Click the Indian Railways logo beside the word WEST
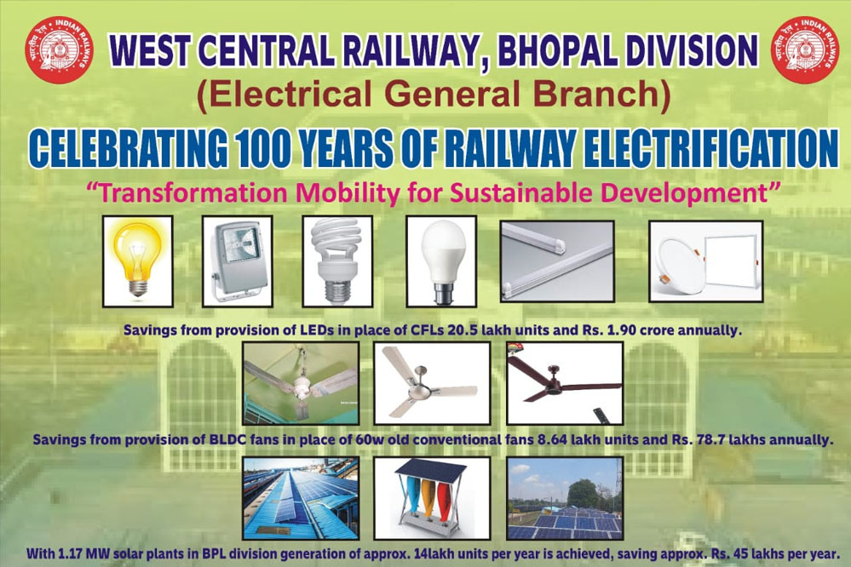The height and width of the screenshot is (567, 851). coord(59,50)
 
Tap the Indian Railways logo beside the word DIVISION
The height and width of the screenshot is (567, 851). coord(805,50)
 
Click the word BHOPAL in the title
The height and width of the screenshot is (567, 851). coord(555,51)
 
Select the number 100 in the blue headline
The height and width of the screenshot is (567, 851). coord(263,148)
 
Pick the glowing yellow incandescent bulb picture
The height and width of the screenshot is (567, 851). coord(138,261)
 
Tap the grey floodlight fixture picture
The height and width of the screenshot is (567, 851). coord(238,261)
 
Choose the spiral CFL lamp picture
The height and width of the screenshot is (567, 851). coord(337,261)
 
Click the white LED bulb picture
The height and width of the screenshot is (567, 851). coord(441,261)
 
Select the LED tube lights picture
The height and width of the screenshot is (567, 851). coord(557,261)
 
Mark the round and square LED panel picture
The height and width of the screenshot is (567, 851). coord(706,261)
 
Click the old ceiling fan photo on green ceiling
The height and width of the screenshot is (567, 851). coord(301,383)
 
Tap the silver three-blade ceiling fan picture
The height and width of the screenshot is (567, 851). coord(432,383)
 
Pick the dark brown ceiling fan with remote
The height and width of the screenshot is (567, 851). coord(565,383)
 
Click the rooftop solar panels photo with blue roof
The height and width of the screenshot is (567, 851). coord(301,498)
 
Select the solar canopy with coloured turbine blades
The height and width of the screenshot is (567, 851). coord(432,498)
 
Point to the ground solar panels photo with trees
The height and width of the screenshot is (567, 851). coord(565,498)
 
